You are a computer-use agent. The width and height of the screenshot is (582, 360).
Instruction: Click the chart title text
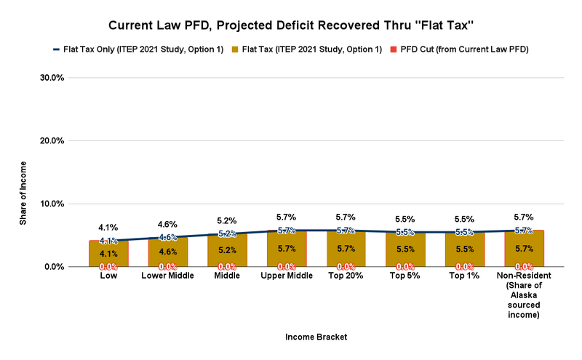click(x=291, y=25)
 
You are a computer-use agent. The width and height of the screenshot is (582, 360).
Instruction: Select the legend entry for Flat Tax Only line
click(x=137, y=49)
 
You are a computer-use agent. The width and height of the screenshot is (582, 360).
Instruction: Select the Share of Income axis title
click(x=23, y=172)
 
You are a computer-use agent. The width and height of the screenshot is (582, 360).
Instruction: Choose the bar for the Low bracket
click(x=108, y=253)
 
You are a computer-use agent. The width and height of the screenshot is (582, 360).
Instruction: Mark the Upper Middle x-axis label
click(x=286, y=276)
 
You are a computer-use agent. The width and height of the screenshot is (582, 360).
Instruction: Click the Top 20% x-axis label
click(x=346, y=276)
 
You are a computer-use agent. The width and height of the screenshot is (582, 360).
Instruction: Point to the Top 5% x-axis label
click(x=405, y=276)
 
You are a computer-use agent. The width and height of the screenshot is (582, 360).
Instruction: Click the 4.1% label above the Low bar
click(x=108, y=228)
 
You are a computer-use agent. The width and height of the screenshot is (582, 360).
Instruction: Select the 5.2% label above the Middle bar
click(x=227, y=220)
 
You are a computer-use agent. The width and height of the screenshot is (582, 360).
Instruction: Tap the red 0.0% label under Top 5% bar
click(x=405, y=267)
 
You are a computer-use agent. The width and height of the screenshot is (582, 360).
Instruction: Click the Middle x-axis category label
click(x=227, y=276)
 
